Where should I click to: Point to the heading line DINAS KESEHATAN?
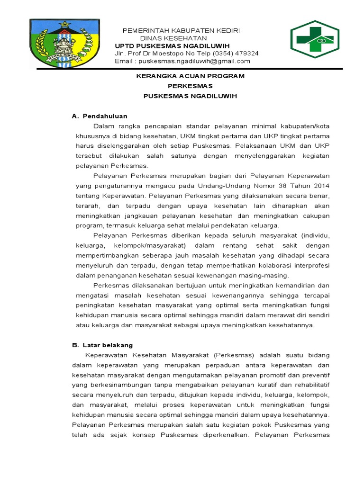[173, 38]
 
